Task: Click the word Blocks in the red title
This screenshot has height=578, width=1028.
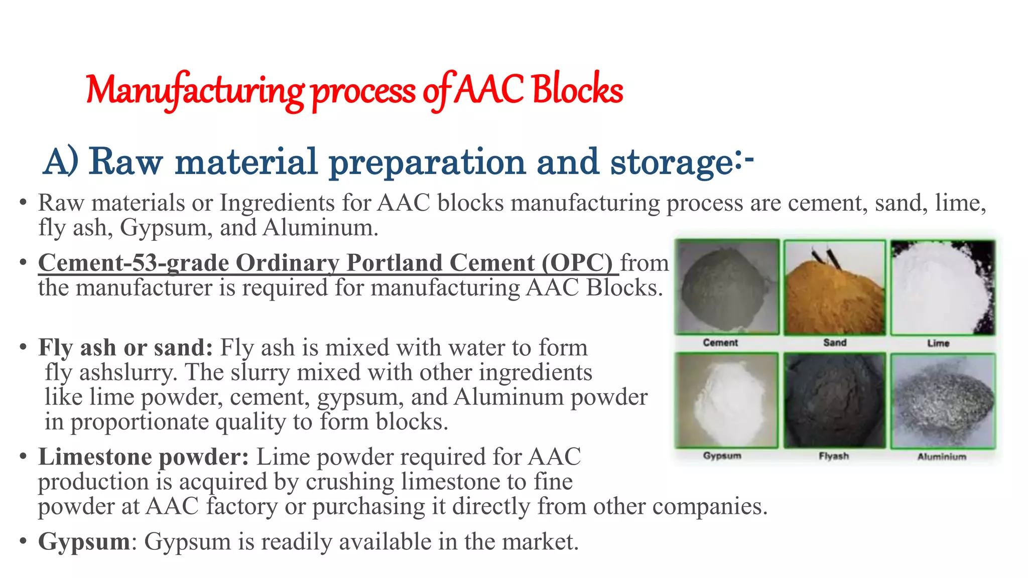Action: coord(577,90)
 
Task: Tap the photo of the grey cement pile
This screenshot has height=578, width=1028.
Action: coord(726,287)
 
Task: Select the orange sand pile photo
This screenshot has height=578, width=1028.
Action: coord(834,287)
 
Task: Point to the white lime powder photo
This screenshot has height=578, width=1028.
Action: coord(942,287)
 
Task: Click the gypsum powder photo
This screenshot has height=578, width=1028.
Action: coord(726,400)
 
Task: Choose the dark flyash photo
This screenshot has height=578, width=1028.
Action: coord(834,400)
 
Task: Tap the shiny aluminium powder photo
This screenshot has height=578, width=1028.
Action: coord(942,400)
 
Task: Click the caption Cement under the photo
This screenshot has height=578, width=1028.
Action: coord(720,343)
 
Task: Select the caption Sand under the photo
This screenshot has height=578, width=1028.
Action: coord(835,343)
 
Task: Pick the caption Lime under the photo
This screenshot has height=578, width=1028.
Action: coord(938,343)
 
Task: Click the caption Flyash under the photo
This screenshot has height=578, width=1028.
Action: coord(834,456)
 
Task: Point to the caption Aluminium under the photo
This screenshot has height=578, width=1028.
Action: coord(942,457)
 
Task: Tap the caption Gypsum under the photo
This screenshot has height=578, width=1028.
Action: coord(722,456)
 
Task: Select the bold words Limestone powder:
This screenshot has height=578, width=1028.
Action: coord(144,457)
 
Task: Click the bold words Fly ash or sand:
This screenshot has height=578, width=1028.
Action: coord(125,348)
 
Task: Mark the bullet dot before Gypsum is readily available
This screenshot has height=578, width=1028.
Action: coord(23,542)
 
